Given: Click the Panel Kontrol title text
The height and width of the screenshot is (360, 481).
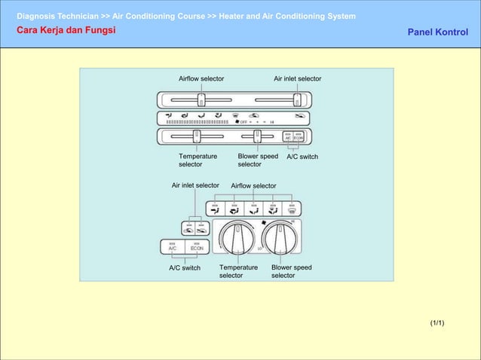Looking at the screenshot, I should click(437, 32).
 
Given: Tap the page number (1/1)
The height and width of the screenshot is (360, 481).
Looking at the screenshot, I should click(437, 323).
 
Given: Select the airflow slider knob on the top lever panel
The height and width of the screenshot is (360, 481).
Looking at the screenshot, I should click(201, 99).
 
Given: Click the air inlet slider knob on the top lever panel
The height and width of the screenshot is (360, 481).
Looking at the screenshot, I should click(296, 99).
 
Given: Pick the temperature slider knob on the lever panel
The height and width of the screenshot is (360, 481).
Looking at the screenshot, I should click(196, 136).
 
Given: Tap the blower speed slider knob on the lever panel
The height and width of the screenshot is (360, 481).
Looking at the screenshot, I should click(257, 136).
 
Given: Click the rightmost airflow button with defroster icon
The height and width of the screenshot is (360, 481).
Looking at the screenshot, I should click(292, 209).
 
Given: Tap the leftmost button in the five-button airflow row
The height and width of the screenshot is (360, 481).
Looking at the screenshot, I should click(215, 209).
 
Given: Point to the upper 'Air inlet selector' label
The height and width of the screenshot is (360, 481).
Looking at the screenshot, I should click(297, 78).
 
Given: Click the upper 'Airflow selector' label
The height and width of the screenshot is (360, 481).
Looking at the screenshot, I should click(201, 78).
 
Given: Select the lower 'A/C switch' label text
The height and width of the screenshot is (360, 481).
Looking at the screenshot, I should click(184, 267).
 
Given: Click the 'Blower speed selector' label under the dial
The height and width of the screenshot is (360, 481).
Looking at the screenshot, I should click(291, 271).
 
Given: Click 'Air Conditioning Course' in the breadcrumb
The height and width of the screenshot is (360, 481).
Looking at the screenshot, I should click(158, 16).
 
